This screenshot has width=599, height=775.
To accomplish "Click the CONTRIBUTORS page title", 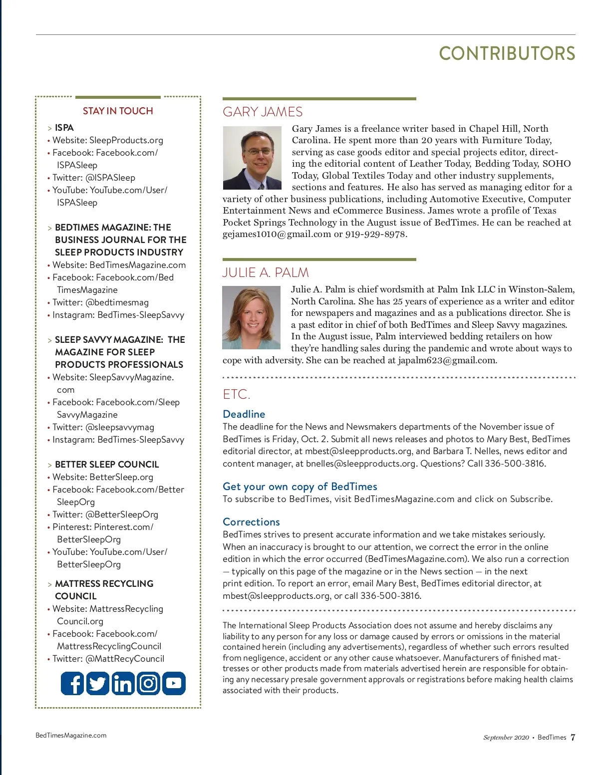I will pyautogui.click(x=507, y=54).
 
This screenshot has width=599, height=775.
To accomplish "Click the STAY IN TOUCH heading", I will pyautogui.click(x=118, y=111).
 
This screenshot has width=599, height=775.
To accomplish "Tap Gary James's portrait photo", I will pyautogui.click(x=252, y=158).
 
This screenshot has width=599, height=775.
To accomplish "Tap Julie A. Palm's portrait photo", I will pyautogui.click(x=251, y=317).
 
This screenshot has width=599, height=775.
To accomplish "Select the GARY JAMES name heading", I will pyautogui.click(x=263, y=112).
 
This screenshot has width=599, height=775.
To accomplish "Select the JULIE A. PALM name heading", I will pyautogui.click(x=266, y=272).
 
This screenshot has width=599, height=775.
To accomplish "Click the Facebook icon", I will pyautogui.click(x=72, y=683).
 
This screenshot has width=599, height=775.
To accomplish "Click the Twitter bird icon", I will pyautogui.click(x=98, y=683).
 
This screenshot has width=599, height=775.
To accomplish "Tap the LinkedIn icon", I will pyautogui.click(x=123, y=683).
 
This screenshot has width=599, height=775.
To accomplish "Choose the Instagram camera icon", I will pyautogui.click(x=148, y=683).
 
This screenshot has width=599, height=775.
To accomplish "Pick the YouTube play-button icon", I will pyautogui.click(x=174, y=683).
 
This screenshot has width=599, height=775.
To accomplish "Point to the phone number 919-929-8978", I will pyautogui.click(x=375, y=234).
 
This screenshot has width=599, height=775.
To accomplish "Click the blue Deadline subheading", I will pyautogui.click(x=244, y=414).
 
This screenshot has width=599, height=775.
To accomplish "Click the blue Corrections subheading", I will pyautogui.click(x=251, y=522).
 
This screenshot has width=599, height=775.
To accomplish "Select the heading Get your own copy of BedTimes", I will pyautogui.click(x=299, y=487).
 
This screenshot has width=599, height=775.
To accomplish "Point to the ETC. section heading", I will pyautogui.click(x=236, y=395).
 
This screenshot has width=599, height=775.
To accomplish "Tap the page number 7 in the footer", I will pyautogui.click(x=573, y=737).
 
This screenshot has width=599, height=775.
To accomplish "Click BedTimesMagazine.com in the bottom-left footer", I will pyautogui.click(x=71, y=735).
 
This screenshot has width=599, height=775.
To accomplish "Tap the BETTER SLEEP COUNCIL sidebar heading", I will pyautogui.click(x=107, y=465).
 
